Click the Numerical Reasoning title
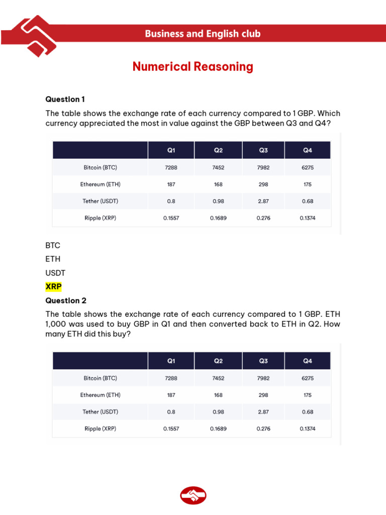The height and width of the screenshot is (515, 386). (x=193, y=66)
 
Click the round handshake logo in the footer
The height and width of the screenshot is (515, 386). (x=193, y=495)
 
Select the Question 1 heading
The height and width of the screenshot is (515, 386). (x=62, y=99)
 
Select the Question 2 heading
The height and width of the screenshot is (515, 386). (x=66, y=301)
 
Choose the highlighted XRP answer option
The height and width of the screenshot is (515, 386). (x=54, y=286)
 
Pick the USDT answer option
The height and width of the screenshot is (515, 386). (x=55, y=273)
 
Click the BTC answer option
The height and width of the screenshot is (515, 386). (x=53, y=245)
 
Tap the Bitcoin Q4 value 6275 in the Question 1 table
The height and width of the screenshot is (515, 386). (x=308, y=167)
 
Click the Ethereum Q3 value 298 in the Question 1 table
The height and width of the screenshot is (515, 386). (x=263, y=185)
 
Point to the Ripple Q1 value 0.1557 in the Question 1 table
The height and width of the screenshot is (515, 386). (x=171, y=218)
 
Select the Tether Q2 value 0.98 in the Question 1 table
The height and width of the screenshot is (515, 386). (x=218, y=201)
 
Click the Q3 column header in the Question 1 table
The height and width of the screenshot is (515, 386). (x=263, y=150)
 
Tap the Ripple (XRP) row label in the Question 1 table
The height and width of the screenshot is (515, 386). (x=101, y=218)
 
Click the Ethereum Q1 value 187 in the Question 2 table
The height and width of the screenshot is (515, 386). (x=171, y=395)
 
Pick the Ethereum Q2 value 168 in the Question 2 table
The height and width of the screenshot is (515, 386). (x=218, y=395)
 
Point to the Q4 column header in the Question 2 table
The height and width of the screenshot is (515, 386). (x=308, y=361)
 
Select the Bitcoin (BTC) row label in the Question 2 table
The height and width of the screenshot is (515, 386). (x=101, y=378)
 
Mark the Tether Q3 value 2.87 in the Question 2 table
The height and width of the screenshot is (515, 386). (x=263, y=412)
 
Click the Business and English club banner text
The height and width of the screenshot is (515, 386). (x=203, y=34)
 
